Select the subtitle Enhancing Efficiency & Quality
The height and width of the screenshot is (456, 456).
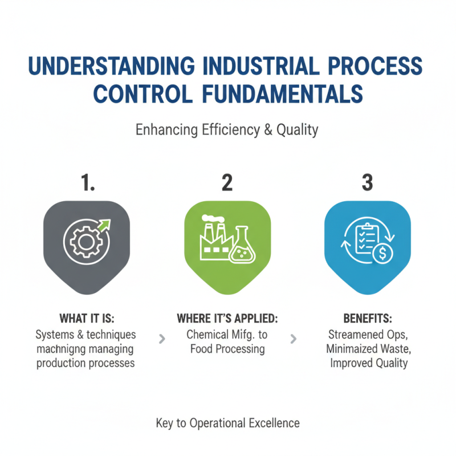click(x=227, y=130)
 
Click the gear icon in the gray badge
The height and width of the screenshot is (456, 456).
click(x=83, y=242)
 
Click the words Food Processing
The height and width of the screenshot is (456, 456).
click(x=227, y=348)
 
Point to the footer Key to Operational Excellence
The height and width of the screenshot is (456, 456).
click(x=227, y=423)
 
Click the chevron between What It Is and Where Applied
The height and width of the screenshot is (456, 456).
click(x=162, y=339)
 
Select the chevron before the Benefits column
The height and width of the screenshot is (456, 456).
click(x=294, y=339)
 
